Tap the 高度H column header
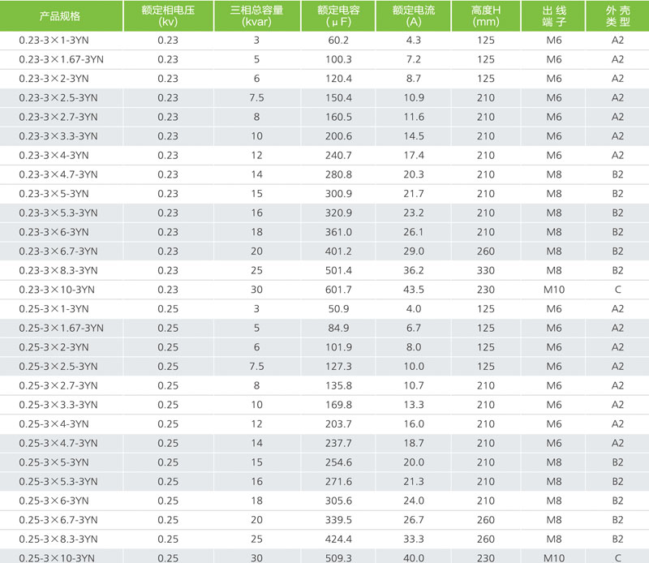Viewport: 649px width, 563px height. [x=485, y=15]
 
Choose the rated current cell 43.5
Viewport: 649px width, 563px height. [x=413, y=290]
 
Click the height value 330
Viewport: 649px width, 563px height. [x=485, y=270]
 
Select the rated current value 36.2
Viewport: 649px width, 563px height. [x=413, y=270]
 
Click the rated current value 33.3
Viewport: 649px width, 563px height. [x=413, y=539]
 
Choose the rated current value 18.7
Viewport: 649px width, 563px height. [x=413, y=443]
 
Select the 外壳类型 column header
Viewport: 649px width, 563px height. [x=617, y=15]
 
